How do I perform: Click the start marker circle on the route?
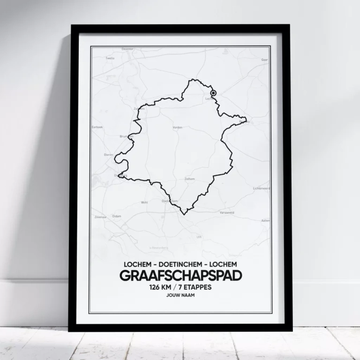tap(214, 93)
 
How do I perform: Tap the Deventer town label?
tap(127, 49)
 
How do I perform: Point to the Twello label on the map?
tap(110, 59)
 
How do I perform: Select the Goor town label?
tap(264, 60)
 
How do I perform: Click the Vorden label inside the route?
tap(177, 127)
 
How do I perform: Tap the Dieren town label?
tap(108, 154)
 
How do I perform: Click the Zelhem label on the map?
tap(189, 179)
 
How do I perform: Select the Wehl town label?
tap(144, 202)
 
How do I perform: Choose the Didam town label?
tap(117, 216)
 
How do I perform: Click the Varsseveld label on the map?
tap(227, 212)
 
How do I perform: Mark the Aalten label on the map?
tap(265, 220)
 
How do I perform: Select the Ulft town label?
tap(199, 237)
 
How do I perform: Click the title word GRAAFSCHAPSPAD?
tap(180, 276)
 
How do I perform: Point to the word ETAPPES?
tap(199, 287)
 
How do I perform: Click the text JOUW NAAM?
tap(180, 296)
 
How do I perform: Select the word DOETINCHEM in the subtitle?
tap(180, 265)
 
